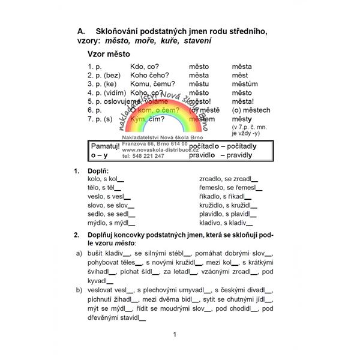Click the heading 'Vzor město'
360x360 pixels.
pos(109,53)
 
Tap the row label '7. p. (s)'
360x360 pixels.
pos(100,119)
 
